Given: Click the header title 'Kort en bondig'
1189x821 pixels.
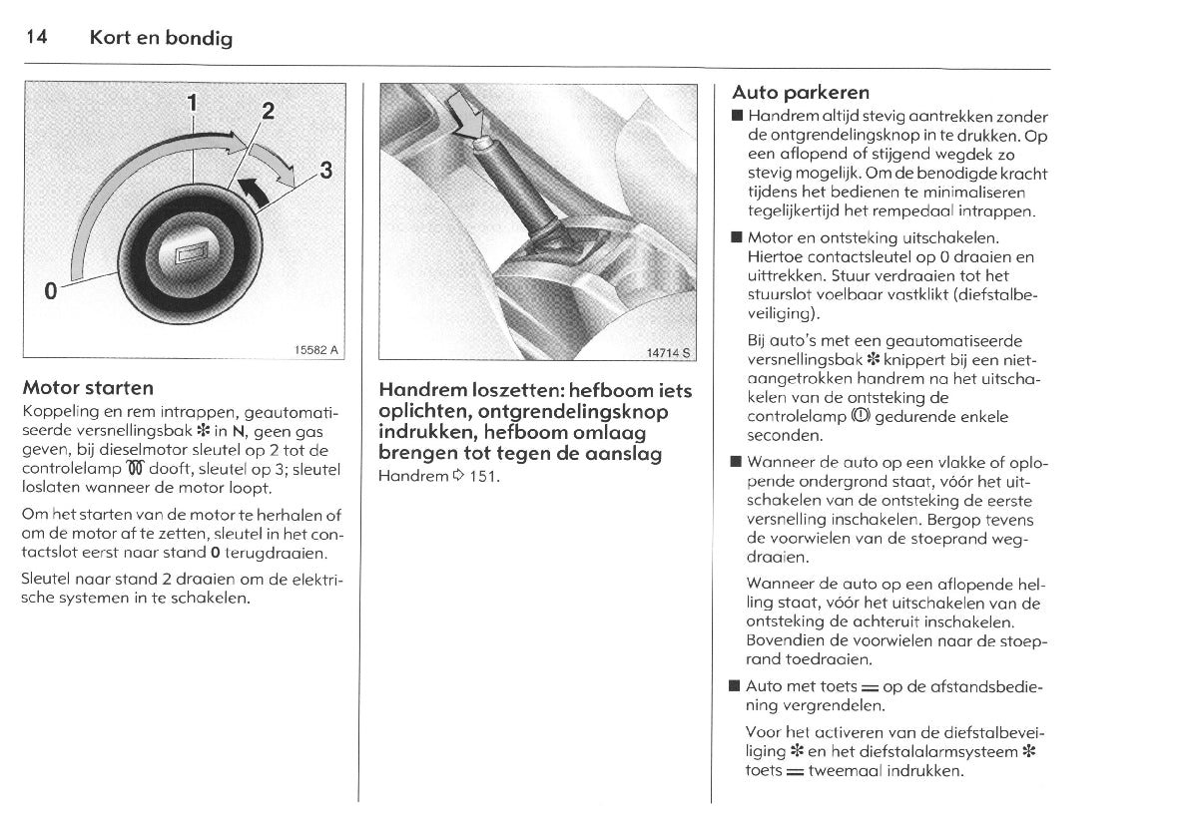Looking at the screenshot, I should pos(161,39).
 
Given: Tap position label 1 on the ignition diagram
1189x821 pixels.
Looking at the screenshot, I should pos(193,100).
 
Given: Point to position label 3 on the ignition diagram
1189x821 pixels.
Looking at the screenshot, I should pos(324,169).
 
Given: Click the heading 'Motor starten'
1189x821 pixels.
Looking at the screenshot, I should pos(88,387).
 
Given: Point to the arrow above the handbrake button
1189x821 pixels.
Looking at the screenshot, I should pos(464,113).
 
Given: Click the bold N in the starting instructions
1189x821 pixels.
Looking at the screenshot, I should pos(240,431).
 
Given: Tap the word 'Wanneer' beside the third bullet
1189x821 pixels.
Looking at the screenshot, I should pos(781,463).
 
